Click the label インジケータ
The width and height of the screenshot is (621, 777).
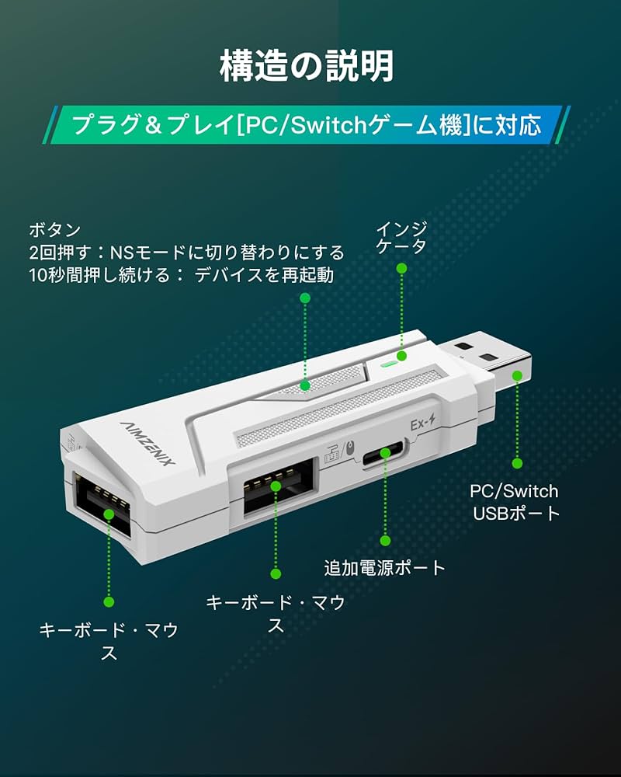tap(401, 238)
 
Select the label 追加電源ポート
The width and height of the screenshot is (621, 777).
tap(384, 568)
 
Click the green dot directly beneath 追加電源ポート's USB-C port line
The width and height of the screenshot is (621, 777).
tap(384, 539)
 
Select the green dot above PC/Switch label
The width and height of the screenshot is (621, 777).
tap(517, 463)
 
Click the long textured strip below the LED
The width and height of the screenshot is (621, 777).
tap(342, 416)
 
